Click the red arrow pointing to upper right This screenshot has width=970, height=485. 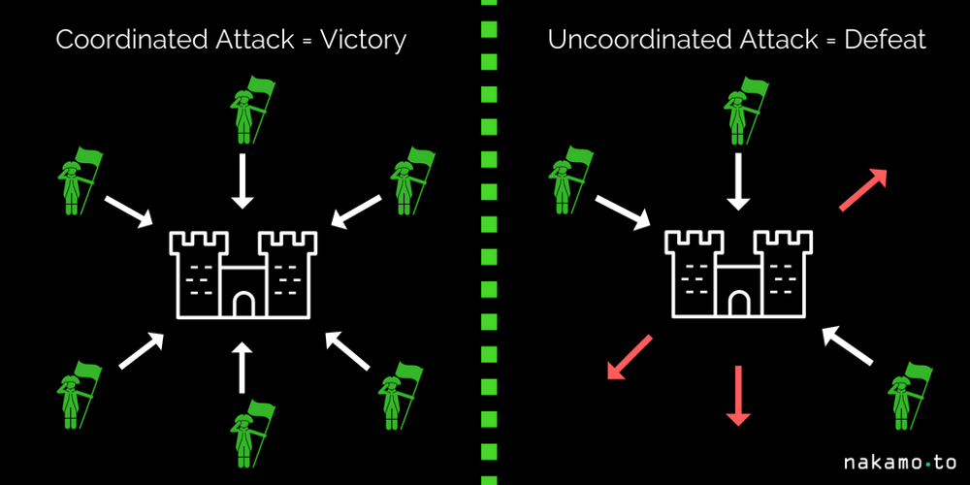coord(863,188)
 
